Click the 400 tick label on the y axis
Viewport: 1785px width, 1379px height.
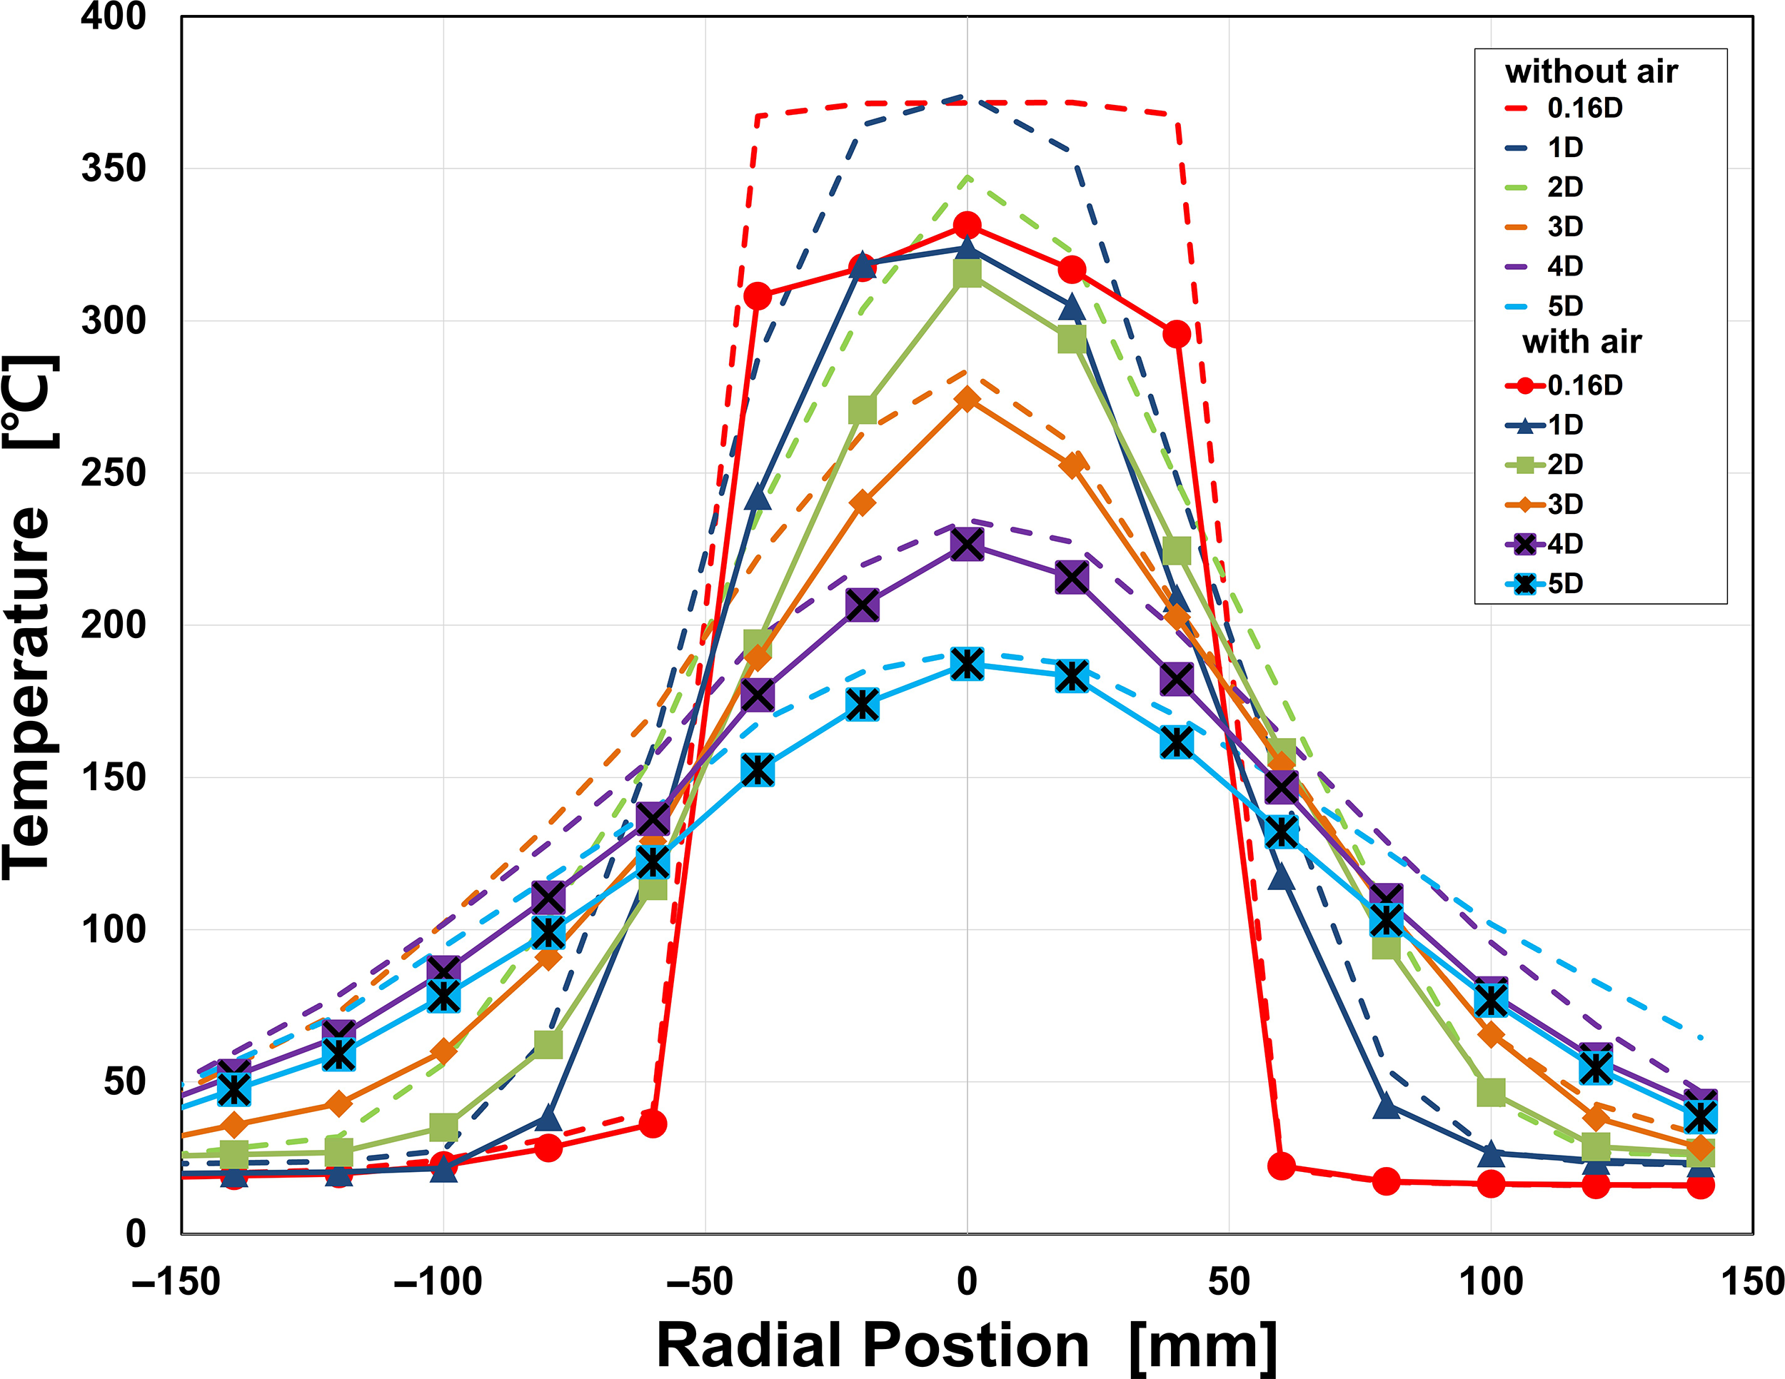coord(113,17)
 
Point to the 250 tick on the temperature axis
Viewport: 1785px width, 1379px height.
coord(113,473)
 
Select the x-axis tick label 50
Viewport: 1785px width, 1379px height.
coord(1228,1281)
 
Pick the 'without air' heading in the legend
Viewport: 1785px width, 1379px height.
coord(1591,72)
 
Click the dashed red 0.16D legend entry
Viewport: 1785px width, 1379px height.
coord(1563,108)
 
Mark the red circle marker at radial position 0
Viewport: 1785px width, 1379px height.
coord(967,226)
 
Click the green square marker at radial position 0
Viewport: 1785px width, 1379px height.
coord(967,273)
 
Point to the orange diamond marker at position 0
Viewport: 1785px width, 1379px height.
coord(967,399)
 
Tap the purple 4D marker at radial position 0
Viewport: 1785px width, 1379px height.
coord(967,544)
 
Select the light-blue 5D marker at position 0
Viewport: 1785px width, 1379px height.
coord(967,665)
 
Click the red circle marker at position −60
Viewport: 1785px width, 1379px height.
coord(652,1124)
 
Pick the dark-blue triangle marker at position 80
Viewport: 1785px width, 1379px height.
coord(1386,1108)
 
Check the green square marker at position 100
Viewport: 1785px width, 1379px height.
coord(1491,1091)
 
